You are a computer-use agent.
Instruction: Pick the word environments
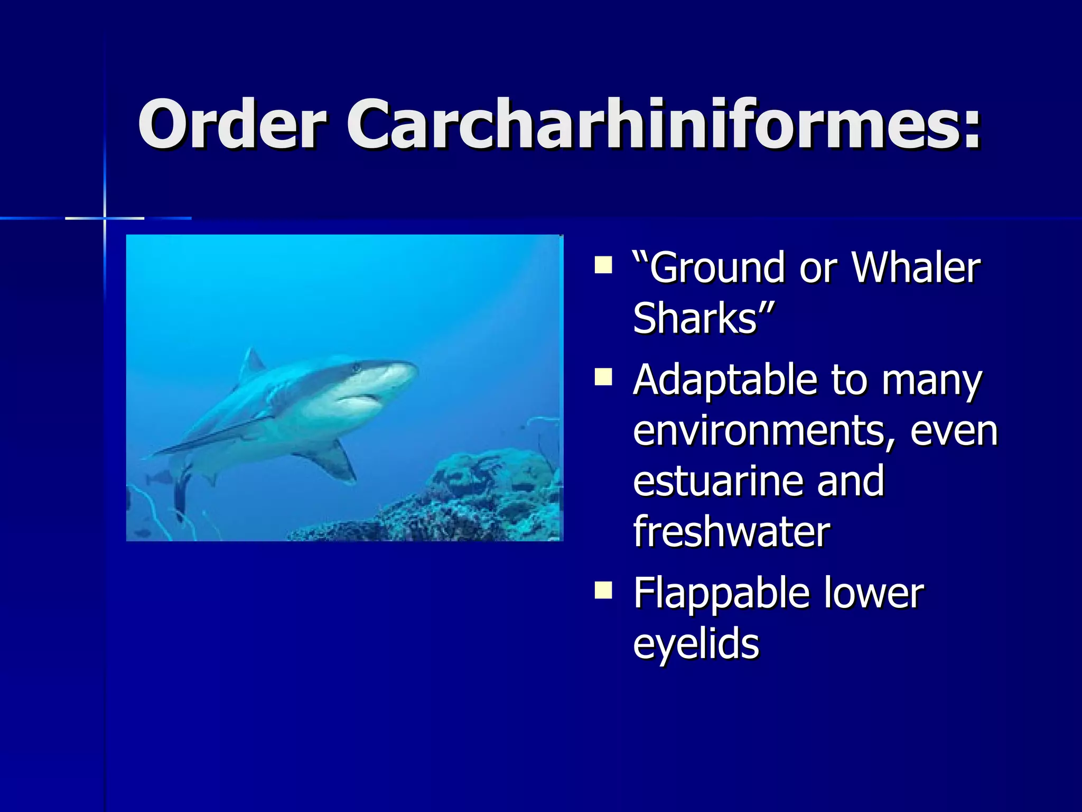[x=758, y=431]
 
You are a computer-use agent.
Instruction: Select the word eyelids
[x=696, y=644]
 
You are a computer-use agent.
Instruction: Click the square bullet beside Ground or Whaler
[x=603, y=265]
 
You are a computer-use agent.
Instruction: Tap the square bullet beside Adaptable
[x=603, y=377]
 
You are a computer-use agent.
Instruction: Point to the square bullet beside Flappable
[x=603, y=590]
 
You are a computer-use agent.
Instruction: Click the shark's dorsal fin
[x=251, y=364]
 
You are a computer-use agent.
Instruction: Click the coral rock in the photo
[x=475, y=497]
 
